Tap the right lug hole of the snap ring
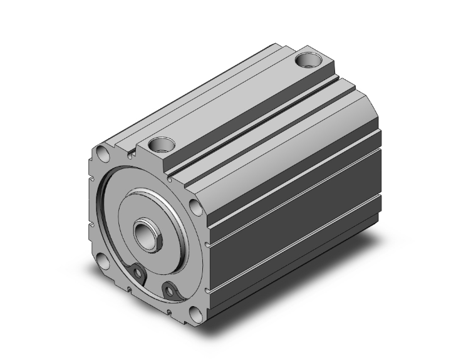pyautogui.click(x=168, y=290)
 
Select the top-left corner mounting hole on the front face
pyautogui.click(x=100, y=153)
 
